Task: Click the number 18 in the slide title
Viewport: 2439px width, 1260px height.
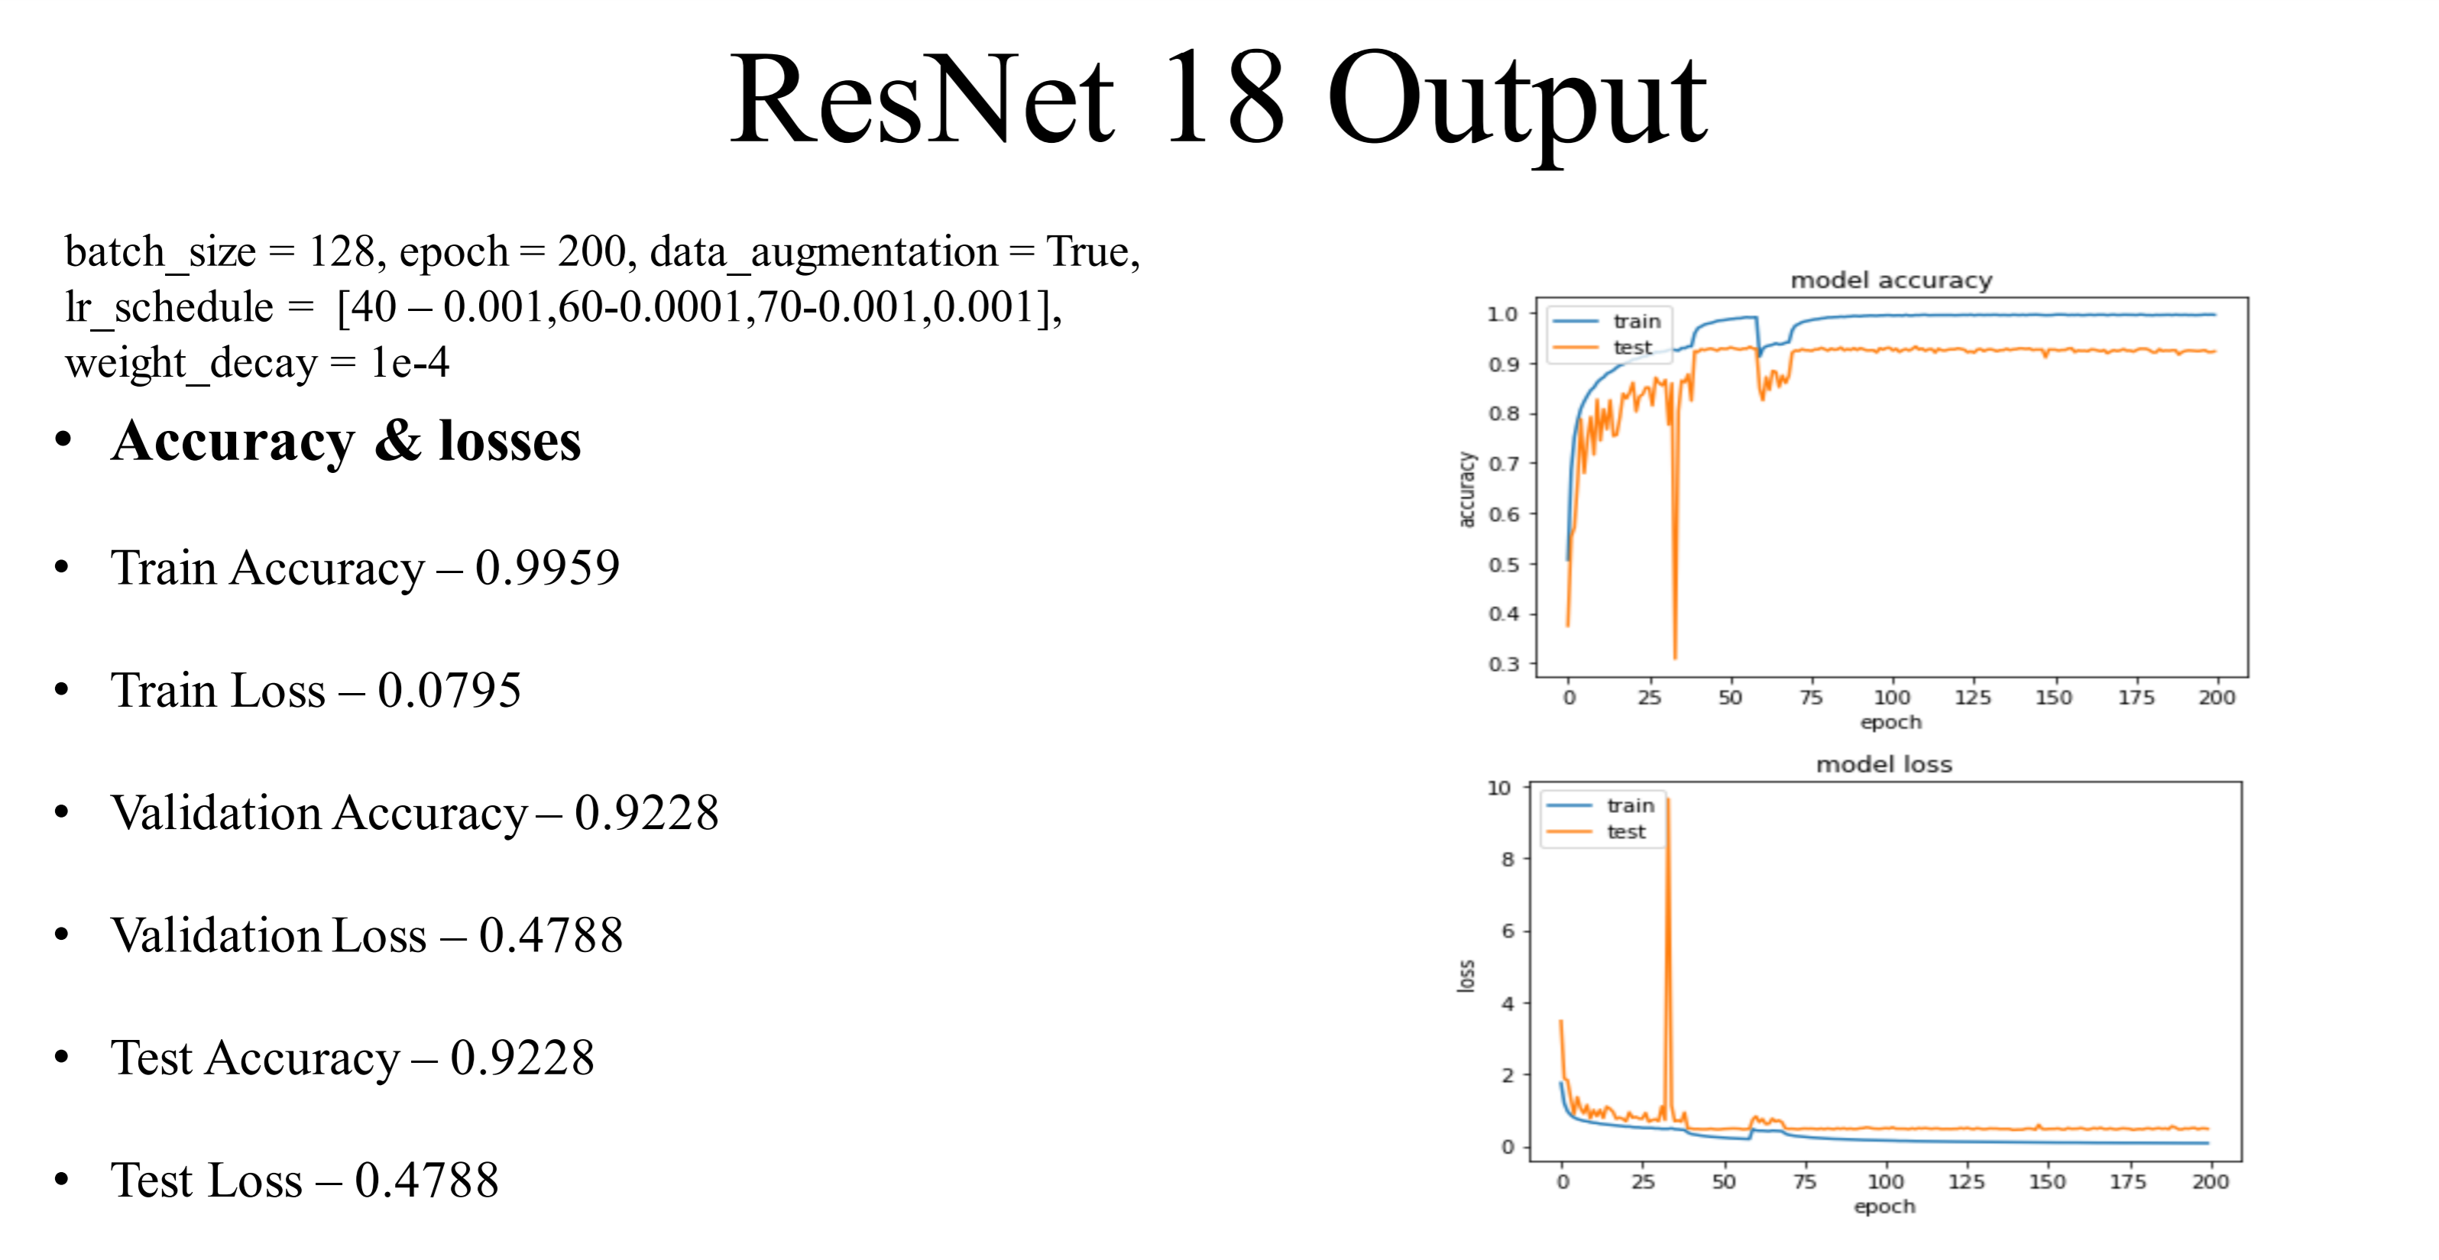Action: (1223, 99)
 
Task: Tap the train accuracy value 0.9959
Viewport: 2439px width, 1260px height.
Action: (547, 568)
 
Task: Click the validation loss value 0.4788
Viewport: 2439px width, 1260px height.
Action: (550, 935)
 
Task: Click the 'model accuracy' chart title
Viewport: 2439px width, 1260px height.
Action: (1891, 280)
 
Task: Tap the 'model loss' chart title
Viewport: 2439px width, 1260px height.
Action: (1884, 764)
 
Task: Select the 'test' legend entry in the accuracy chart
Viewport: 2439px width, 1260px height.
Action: (1631, 348)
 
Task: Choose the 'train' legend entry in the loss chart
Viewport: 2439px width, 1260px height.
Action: (1630, 805)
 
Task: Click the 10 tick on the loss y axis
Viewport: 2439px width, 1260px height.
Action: (1499, 788)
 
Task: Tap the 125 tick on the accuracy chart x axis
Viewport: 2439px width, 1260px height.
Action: (1972, 698)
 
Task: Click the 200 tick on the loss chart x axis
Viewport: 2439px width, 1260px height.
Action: (2210, 1181)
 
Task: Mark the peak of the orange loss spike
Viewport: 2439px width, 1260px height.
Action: (1667, 801)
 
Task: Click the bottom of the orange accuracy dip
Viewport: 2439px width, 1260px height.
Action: (1675, 656)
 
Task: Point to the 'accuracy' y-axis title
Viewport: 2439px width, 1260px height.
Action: (1466, 490)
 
